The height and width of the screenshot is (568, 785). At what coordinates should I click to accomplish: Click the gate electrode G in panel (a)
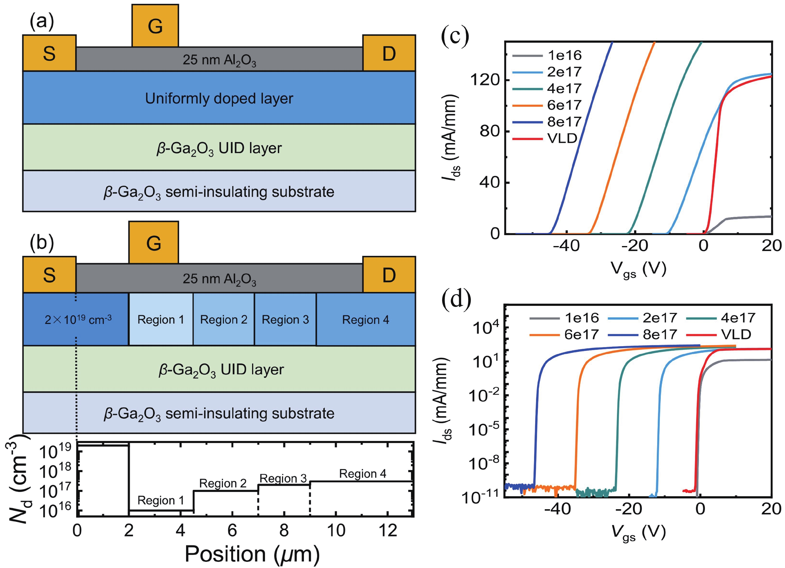(155, 26)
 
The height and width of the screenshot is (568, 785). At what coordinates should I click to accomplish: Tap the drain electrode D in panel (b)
(389, 275)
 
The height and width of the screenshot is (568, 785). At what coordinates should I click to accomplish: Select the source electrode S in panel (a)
(49, 53)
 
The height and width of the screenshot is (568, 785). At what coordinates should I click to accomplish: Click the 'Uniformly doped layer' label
(219, 98)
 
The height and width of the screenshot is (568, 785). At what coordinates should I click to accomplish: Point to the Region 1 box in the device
(160, 319)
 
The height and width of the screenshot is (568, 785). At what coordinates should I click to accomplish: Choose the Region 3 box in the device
(285, 319)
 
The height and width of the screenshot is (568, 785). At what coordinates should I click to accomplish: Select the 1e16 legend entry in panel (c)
(564, 55)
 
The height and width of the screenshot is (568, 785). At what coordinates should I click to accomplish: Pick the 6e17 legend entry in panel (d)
(581, 334)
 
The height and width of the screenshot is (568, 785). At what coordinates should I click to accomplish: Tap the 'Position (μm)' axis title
(252, 554)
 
